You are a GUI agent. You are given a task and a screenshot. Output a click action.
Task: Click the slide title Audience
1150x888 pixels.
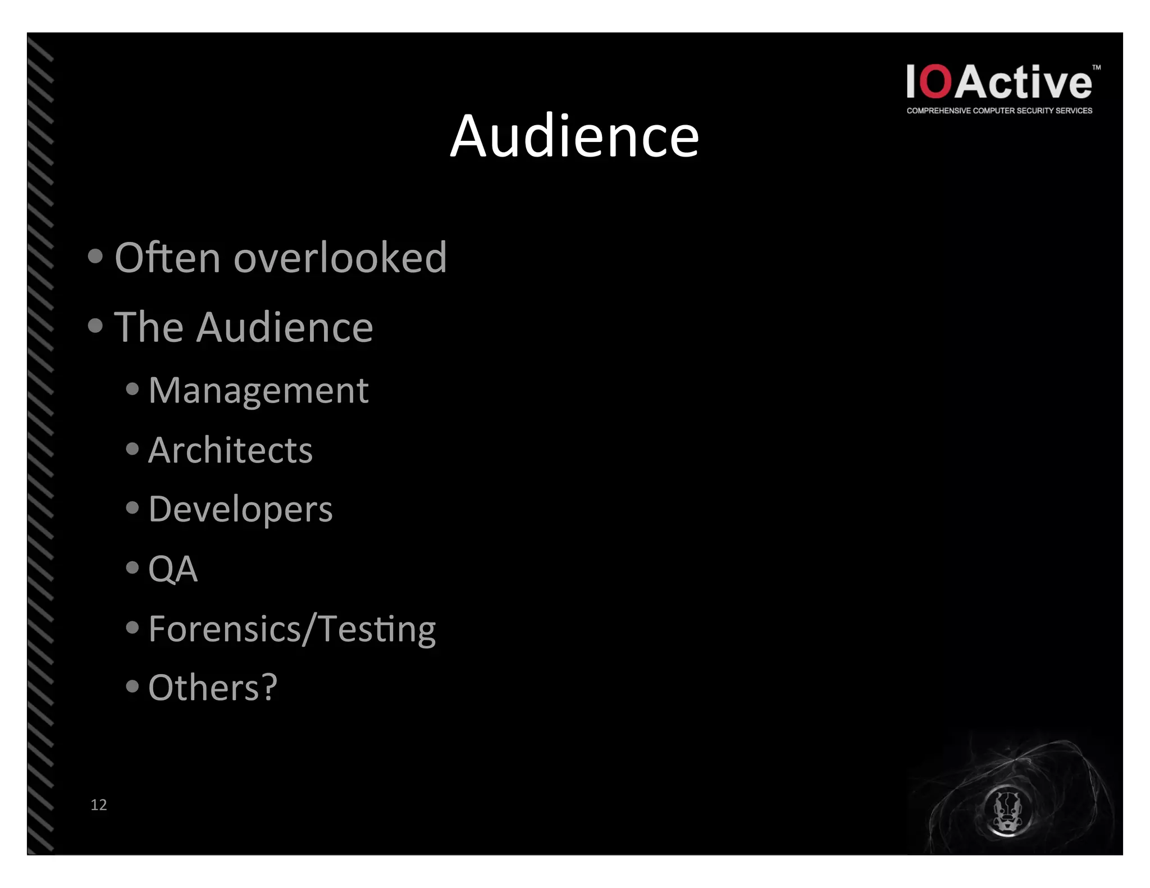click(574, 136)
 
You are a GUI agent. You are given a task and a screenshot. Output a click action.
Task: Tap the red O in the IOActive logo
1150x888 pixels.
click(935, 83)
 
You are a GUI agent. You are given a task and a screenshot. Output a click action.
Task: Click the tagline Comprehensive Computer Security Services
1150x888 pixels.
click(999, 111)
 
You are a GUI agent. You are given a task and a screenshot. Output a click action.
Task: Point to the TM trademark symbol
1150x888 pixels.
click(1096, 68)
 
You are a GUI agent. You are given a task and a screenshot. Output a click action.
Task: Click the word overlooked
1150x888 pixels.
click(340, 258)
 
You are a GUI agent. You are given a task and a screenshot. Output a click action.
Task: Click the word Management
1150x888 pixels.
click(258, 390)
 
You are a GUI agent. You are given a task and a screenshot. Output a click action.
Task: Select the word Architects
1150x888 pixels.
click(230, 450)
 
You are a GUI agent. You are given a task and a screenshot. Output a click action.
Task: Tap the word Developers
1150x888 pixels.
click(240, 510)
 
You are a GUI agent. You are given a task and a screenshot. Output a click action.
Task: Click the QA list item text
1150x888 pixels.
click(173, 569)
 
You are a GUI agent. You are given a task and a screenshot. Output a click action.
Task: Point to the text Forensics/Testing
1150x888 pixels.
click(292, 629)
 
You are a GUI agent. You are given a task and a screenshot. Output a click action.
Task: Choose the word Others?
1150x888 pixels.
click(213, 688)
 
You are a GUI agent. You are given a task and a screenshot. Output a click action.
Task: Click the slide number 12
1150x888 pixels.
click(99, 805)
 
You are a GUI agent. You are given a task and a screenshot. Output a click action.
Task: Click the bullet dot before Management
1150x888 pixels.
click(133, 389)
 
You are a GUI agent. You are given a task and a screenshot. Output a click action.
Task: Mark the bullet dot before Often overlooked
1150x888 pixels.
click(95, 257)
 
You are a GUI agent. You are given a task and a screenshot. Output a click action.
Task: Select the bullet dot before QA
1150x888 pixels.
click(133, 567)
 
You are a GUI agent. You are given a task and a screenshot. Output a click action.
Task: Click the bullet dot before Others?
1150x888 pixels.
click(133, 686)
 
